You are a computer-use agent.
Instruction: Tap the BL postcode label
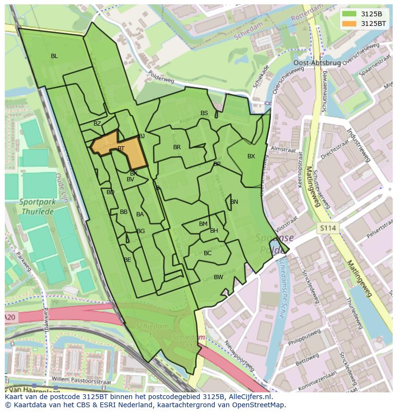(54, 56)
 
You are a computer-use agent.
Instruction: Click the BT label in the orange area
(121, 149)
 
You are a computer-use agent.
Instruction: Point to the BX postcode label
(251, 156)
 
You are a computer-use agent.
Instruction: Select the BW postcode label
(218, 277)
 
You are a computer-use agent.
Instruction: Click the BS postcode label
(204, 114)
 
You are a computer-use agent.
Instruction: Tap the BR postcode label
(177, 147)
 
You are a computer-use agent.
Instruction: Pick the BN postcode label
(234, 202)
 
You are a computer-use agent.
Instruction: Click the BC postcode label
(208, 253)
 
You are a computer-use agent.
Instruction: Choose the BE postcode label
(128, 260)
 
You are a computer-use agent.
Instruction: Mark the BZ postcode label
(97, 124)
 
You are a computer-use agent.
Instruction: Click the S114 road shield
(328, 229)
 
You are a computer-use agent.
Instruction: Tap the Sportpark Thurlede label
(37, 206)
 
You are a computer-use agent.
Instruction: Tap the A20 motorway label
(10, 318)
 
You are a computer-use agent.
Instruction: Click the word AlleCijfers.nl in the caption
(249, 397)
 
